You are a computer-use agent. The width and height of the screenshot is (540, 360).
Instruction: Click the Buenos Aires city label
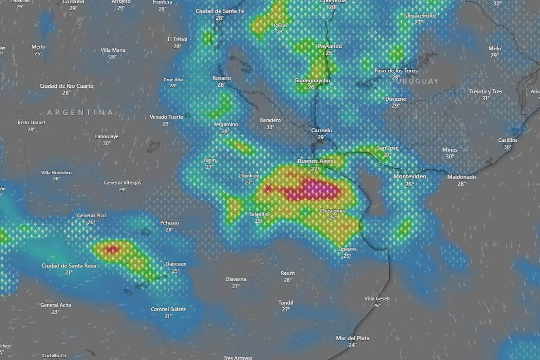click(x=315, y=161)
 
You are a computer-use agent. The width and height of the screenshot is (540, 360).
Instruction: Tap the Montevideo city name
click(x=409, y=176)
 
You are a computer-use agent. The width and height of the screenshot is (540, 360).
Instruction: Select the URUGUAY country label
click(x=418, y=81)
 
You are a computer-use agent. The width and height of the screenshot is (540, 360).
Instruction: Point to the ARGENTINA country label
click(x=80, y=112)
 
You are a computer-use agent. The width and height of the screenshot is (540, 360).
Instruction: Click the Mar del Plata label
click(x=352, y=338)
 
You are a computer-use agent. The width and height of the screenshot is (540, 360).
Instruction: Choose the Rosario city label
click(x=221, y=78)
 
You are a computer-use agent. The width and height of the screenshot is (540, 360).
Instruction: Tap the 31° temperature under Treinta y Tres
click(x=486, y=98)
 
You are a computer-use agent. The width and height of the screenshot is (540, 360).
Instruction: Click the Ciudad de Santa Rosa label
click(x=68, y=265)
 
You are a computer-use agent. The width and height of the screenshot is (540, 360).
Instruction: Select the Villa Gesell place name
click(x=377, y=298)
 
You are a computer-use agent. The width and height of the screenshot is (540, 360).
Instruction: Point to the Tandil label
click(x=286, y=302)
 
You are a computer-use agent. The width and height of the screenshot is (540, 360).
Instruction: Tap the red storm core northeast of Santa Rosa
click(x=111, y=249)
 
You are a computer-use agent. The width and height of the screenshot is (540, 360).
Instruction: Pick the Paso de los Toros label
click(x=396, y=71)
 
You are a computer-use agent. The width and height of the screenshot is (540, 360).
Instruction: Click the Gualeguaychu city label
click(x=312, y=80)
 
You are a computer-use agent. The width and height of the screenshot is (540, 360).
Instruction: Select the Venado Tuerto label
click(x=166, y=117)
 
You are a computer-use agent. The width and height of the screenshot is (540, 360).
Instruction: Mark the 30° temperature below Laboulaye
click(x=107, y=143)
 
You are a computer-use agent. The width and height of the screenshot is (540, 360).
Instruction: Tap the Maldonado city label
click(x=461, y=177)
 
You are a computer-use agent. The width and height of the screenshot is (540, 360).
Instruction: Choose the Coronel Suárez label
click(x=168, y=309)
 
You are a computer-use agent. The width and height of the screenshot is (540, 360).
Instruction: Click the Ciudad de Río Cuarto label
click(x=67, y=85)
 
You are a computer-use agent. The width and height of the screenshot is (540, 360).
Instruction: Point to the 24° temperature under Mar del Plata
click(x=352, y=345)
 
